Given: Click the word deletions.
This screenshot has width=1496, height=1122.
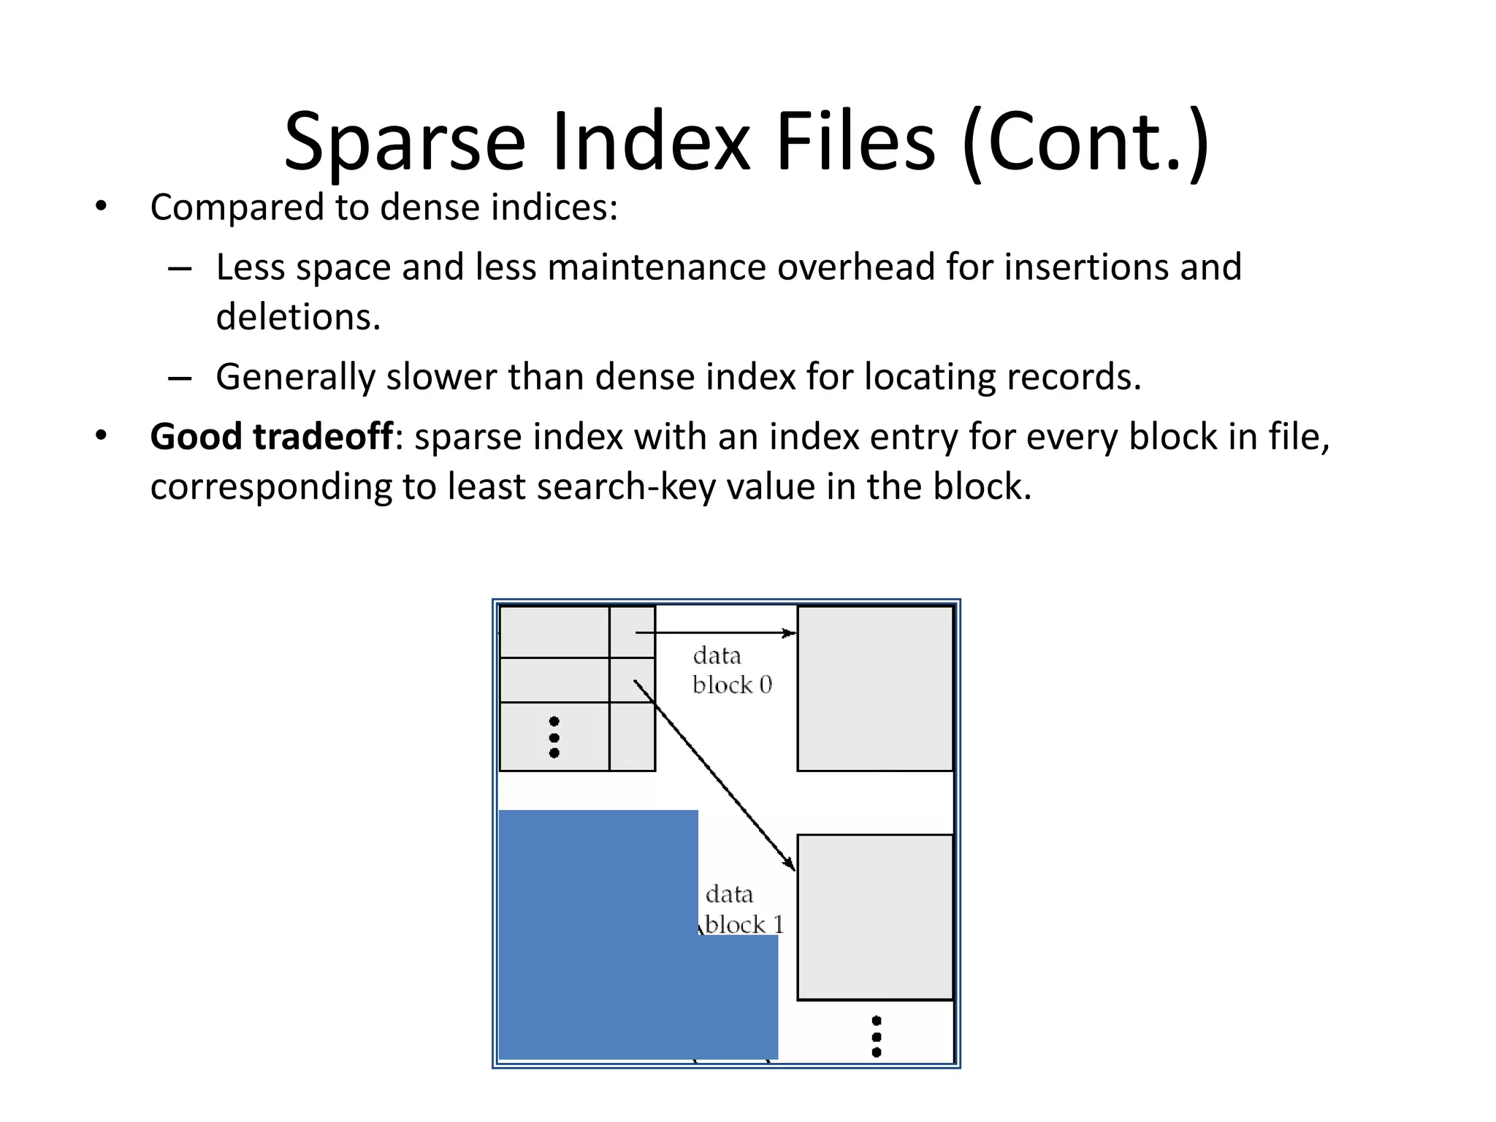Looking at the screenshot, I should click(x=298, y=317).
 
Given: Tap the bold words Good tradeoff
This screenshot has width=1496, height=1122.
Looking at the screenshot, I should click(x=271, y=437).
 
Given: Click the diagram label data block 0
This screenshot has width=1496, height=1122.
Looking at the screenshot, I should click(x=731, y=670).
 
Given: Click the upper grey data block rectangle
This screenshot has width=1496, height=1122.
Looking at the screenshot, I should click(x=875, y=688).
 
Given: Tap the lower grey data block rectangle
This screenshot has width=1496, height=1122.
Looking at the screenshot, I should click(x=875, y=917).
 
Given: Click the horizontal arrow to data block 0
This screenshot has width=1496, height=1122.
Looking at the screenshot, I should click(x=716, y=633).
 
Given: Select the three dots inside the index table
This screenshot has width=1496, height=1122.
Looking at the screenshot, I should click(x=554, y=737).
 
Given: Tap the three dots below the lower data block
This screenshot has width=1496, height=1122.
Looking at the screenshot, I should click(x=877, y=1037).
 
